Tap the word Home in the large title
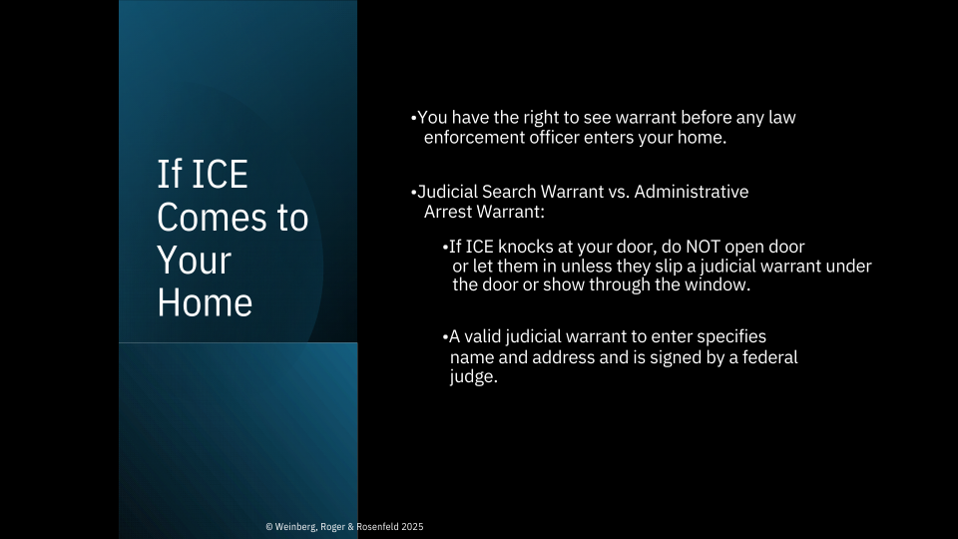pyautogui.click(x=205, y=302)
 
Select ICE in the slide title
pyautogui.click(x=220, y=175)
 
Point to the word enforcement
pyautogui.click(x=474, y=138)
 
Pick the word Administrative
pyautogui.click(x=691, y=192)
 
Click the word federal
pyautogui.click(x=769, y=357)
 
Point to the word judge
pyautogui.click(x=473, y=377)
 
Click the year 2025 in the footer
pyautogui.click(x=412, y=527)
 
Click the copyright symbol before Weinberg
pyautogui.click(x=269, y=527)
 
